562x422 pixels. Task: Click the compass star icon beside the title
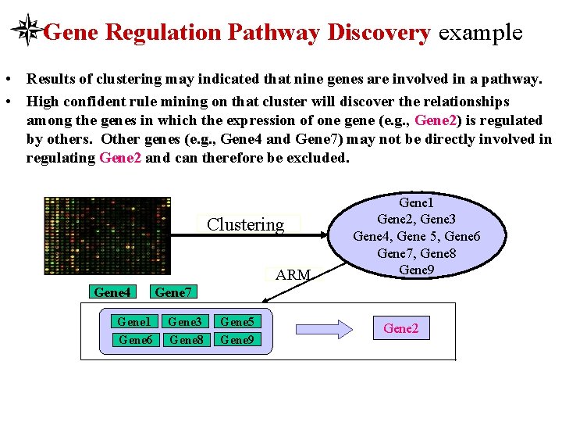tap(28, 30)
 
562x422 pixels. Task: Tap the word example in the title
tap(480, 33)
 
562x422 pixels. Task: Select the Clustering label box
tap(246, 225)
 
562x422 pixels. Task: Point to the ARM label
tap(293, 274)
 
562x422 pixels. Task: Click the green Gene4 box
tap(112, 292)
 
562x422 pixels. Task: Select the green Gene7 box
tap(173, 292)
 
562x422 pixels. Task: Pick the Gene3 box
tap(185, 321)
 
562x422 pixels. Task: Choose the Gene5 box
tap(237, 321)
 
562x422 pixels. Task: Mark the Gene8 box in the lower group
tap(185, 339)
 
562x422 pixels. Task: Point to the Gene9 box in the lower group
tap(237, 339)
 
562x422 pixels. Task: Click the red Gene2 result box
tap(400, 328)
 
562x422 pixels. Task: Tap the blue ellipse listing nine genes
tap(417, 236)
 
